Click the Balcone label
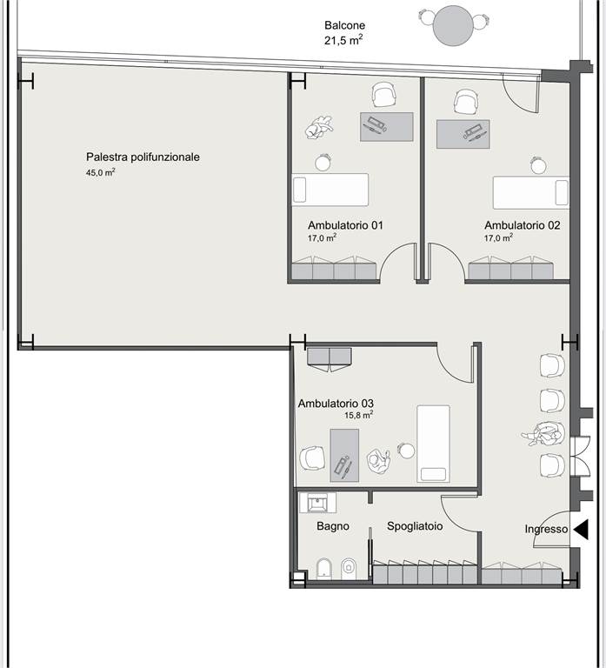point(344,25)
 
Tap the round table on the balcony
point(453,25)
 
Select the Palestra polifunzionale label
point(143,157)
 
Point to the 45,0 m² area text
point(101,172)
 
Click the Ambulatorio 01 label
point(345,225)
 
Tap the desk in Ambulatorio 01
point(387,126)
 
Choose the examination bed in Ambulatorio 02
point(531,192)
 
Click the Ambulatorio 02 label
point(523,225)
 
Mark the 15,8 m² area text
point(359,415)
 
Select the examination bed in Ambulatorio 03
point(433,444)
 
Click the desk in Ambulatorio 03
point(344,455)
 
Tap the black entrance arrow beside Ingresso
point(581,530)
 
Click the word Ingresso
point(546,529)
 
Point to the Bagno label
point(333,526)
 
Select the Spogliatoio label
point(415,526)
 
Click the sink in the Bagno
point(317,503)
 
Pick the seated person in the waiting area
point(544,435)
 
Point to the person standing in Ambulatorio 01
point(319,127)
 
